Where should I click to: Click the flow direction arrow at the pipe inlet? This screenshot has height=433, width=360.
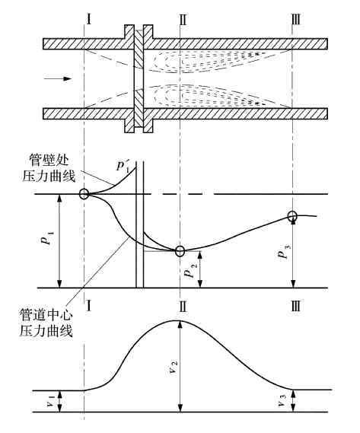(x=58, y=78)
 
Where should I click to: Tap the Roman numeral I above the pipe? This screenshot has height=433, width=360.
(x=88, y=20)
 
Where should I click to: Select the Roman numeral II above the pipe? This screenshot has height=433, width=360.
(x=183, y=20)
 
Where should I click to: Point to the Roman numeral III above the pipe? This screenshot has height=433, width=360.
(x=295, y=20)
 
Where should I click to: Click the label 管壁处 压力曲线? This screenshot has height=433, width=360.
(x=49, y=168)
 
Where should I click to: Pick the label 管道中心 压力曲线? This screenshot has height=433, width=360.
(x=46, y=323)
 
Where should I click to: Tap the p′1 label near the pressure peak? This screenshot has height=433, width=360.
(x=123, y=166)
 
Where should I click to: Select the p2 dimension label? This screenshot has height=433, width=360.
(x=190, y=270)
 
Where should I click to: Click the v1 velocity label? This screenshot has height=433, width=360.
(x=50, y=401)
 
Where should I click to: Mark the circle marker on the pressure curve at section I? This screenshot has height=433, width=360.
(x=84, y=194)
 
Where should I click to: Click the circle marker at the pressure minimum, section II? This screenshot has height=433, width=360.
(x=180, y=250)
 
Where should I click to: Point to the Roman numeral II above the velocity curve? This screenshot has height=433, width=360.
(x=183, y=306)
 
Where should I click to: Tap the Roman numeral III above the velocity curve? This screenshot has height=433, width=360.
(x=295, y=306)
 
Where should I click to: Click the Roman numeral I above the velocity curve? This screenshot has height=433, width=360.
(x=88, y=306)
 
